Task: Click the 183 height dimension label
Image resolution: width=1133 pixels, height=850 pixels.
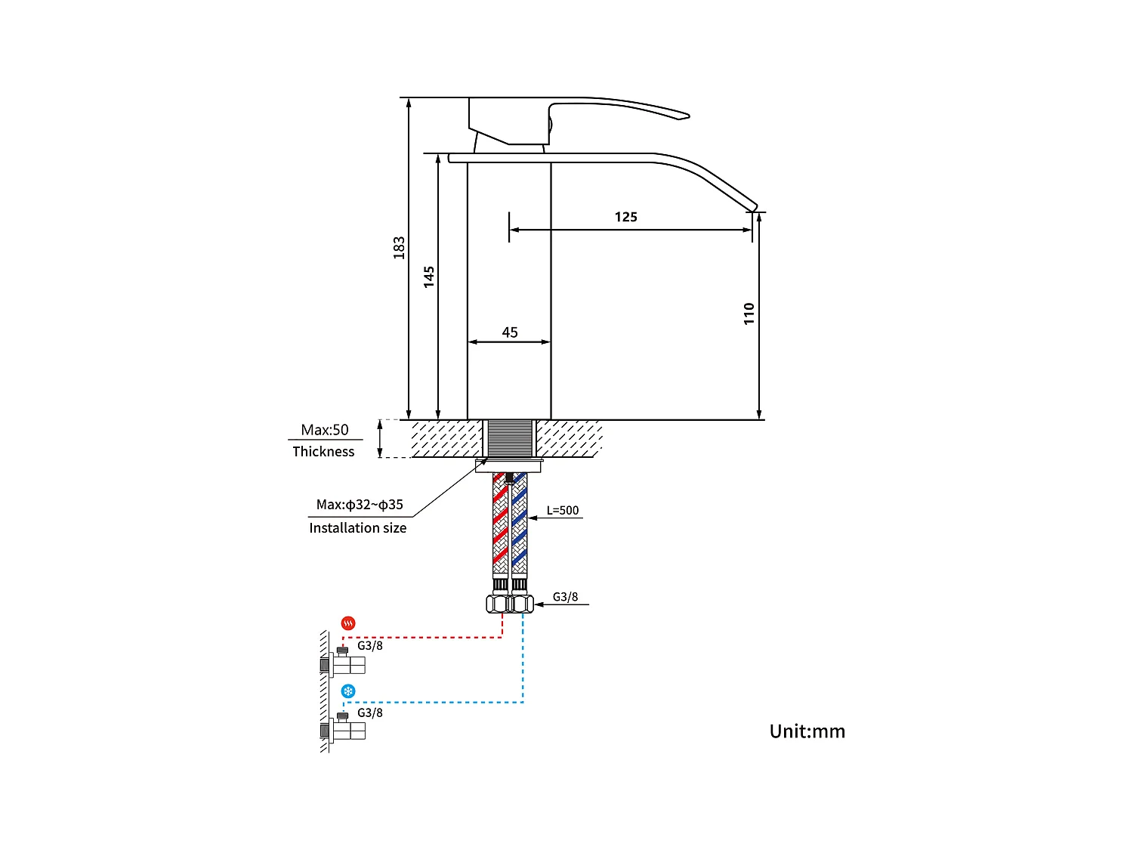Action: (x=399, y=248)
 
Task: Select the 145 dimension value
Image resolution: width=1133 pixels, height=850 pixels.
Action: (x=429, y=277)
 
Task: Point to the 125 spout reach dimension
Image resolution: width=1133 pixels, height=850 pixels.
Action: (x=625, y=218)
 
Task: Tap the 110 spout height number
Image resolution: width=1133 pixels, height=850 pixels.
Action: (x=749, y=314)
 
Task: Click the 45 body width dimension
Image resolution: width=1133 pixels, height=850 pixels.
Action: (x=510, y=332)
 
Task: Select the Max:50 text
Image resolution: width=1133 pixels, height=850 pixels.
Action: (x=325, y=430)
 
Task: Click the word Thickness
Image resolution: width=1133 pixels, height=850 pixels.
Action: (x=323, y=452)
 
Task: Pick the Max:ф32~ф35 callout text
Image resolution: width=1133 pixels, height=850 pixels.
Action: (x=360, y=505)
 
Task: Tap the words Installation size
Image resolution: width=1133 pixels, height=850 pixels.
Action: (x=357, y=528)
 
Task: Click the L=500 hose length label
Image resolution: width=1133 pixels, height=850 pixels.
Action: (x=563, y=511)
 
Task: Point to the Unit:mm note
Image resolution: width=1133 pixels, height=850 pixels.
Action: (x=807, y=731)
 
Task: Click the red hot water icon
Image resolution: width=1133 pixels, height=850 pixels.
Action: (x=348, y=623)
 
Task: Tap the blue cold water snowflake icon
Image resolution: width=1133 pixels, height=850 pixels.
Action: (x=348, y=691)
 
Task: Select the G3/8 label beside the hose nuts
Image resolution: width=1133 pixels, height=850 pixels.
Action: (x=565, y=597)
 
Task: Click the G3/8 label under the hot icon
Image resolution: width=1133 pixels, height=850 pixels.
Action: (x=369, y=646)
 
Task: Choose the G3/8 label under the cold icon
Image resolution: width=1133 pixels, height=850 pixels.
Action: (x=369, y=713)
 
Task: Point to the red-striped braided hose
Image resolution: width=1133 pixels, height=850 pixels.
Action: (x=500, y=525)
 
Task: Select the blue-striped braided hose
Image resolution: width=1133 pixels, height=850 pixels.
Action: (x=519, y=525)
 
